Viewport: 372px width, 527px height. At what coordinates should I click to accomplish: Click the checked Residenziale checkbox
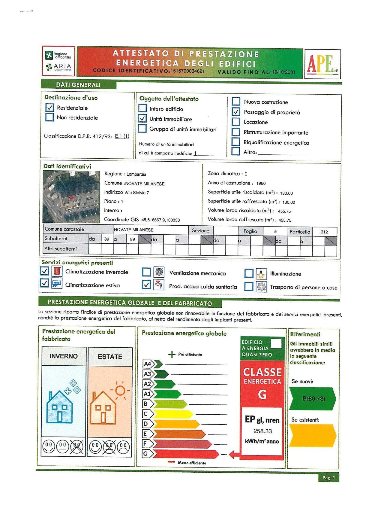[x=49, y=108]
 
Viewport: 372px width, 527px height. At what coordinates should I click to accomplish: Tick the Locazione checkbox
[x=236, y=122]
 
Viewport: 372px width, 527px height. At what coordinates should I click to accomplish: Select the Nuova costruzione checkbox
[x=236, y=102]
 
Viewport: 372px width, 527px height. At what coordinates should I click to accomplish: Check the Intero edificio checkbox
[x=142, y=108]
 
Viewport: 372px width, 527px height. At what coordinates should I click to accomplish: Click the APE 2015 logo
[x=322, y=64]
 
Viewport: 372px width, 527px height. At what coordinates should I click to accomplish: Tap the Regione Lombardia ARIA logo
[x=58, y=61]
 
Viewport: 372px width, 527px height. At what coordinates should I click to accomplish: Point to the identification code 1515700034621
[x=187, y=71]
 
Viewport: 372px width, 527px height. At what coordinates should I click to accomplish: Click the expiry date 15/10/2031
[x=283, y=72]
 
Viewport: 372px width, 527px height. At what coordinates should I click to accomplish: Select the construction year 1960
[x=261, y=183]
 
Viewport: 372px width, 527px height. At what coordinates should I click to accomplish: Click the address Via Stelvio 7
[x=137, y=193]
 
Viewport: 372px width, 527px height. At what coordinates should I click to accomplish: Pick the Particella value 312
[x=324, y=232]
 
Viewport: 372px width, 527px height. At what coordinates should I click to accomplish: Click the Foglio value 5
[x=275, y=232]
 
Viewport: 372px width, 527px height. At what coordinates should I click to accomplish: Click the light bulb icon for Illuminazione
[x=261, y=273]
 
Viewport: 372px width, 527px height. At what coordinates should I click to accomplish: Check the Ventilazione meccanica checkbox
[x=146, y=272]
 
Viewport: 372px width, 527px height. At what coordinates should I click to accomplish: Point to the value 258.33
[x=262, y=431]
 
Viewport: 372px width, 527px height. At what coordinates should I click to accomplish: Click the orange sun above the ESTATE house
[x=120, y=390]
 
